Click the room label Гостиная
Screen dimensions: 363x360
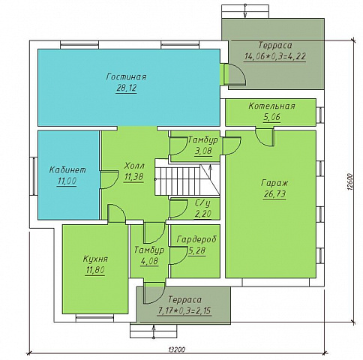click(126, 76)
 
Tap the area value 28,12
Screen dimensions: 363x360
click(126, 88)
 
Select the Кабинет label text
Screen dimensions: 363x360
click(67, 169)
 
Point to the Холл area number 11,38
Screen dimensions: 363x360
click(133, 177)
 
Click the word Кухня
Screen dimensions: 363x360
click(95, 259)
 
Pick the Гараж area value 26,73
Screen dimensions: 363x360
click(274, 194)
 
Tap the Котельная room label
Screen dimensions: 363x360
click(271, 106)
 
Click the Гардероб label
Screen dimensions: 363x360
click(196, 239)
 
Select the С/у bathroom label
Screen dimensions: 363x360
click(202, 203)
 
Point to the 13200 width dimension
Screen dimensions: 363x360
click(177, 349)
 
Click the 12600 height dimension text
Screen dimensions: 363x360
click(350, 182)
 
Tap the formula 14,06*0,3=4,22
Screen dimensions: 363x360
click(275, 56)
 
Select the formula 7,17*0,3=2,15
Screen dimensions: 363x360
click(184, 310)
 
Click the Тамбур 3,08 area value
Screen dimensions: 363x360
click(203, 151)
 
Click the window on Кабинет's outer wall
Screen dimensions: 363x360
click(34, 176)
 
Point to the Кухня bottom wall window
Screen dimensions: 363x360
click(94, 319)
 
